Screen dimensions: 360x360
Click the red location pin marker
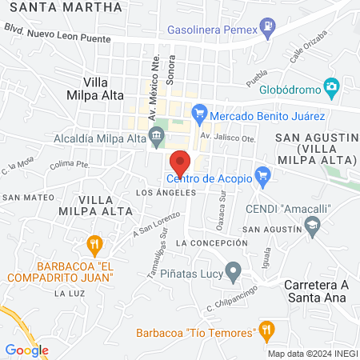pyautogui.click(x=180, y=162)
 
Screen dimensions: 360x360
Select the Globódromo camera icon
pyautogui.click(x=330, y=86)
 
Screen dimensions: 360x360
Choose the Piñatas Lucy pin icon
pyautogui.click(x=233, y=271)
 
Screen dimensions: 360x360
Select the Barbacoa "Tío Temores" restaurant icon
pyautogui.click(x=267, y=329)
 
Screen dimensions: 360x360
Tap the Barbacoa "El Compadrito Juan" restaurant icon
pyautogui.click(x=94, y=242)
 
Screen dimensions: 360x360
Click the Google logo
pyautogui.click(x=27, y=350)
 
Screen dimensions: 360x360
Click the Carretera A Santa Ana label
pyautogui.click(x=322, y=290)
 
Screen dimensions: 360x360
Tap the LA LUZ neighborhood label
pyautogui.click(x=64, y=294)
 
